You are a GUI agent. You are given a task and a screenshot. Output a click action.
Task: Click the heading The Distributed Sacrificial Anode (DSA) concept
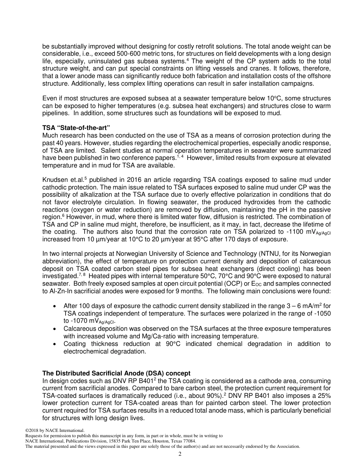[116, 373]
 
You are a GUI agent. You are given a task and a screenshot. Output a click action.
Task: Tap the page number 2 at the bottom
[180, 454]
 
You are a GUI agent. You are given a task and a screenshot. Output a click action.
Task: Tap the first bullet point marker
[56, 306]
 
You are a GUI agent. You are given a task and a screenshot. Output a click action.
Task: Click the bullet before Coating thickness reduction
[56, 344]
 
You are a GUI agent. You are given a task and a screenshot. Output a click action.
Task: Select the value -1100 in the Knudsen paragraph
[294, 231]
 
